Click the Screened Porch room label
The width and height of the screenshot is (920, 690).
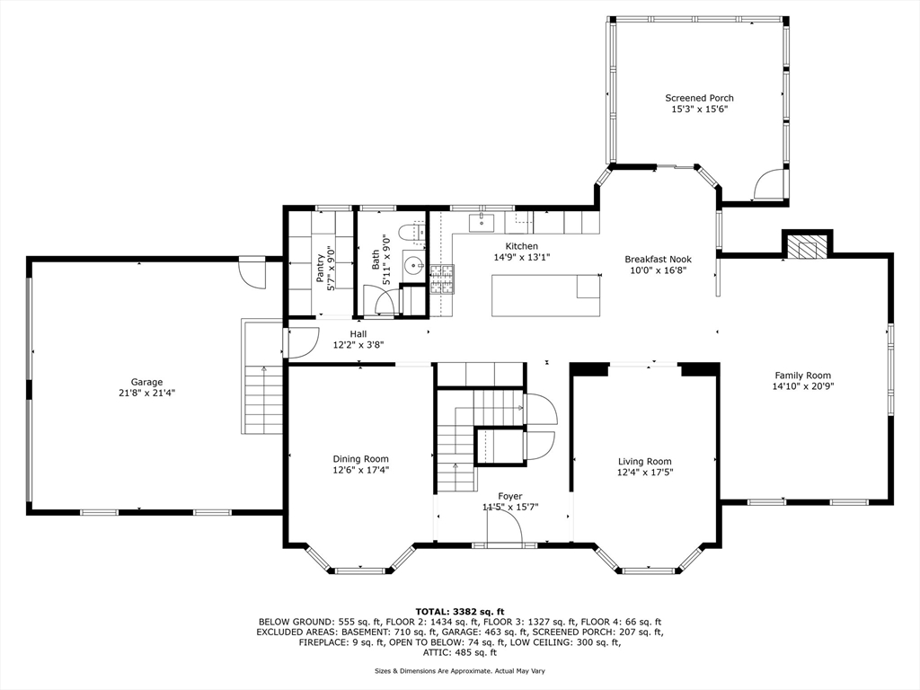click(x=699, y=98)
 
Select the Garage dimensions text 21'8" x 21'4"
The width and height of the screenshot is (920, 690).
click(x=146, y=394)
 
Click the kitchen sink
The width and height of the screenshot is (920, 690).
click(x=482, y=223)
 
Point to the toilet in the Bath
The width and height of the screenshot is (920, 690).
click(x=411, y=233)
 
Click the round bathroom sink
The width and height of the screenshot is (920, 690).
click(x=416, y=266)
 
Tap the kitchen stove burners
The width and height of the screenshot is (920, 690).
click(x=442, y=279)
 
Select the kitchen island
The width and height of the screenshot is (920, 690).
click(x=546, y=295)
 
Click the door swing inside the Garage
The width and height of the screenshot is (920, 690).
click(x=252, y=273)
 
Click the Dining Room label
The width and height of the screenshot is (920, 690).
click(x=361, y=459)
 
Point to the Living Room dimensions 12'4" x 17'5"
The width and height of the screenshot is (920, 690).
click(x=645, y=472)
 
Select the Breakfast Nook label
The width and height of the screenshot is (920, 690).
click(x=658, y=260)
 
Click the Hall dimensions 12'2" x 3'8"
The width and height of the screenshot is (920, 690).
click(x=358, y=345)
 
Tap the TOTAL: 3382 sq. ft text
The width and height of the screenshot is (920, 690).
click(x=460, y=611)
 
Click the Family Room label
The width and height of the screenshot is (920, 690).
click(x=802, y=376)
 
